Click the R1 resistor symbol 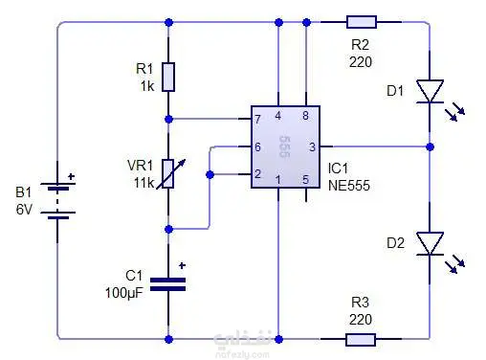[168, 78]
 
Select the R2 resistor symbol [362, 22]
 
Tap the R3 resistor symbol [361, 340]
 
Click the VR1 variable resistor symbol [169, 173]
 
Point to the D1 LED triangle [430, 91]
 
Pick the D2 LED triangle [430, 243]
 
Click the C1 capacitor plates [167, 284]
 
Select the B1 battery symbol [57, 201]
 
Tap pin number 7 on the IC [257, 119]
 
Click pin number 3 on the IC [312, 147]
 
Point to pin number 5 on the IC [305, 180]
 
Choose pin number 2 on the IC [257, 174]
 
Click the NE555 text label [349, 186]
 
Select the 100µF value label [124, 293]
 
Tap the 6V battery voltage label [24, 210]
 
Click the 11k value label [144, 183]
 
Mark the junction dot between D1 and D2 [430, 147]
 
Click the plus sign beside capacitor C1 [182, 265]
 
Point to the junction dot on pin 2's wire [210, 174]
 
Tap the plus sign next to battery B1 [72, 176]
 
